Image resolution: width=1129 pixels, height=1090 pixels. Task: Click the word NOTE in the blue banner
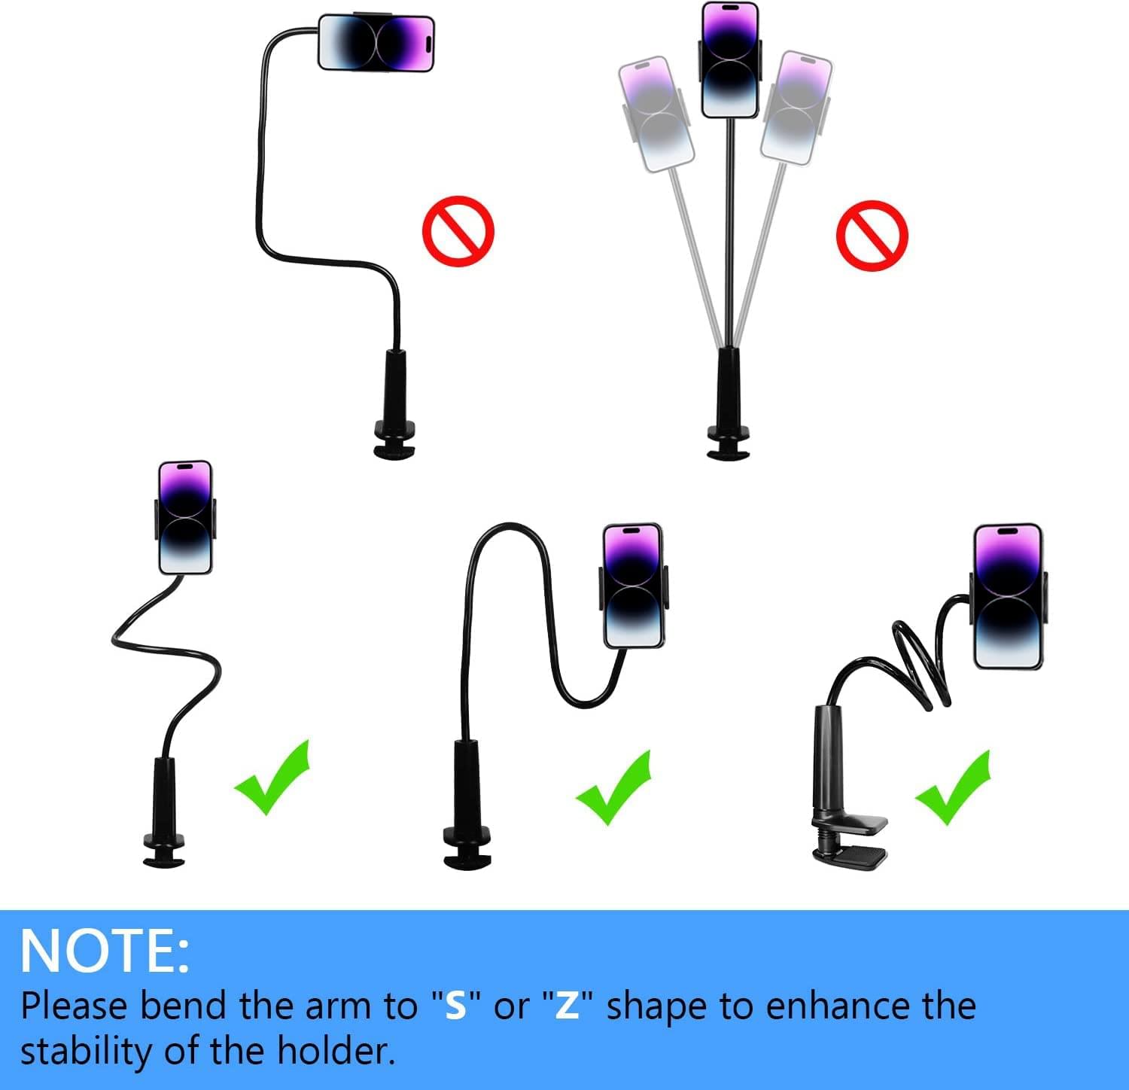click(x=95, y=951)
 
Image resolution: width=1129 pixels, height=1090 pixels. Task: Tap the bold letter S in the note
click(x=456, y=1006)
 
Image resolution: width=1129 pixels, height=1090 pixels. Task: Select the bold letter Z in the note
click(x=567, y=1006)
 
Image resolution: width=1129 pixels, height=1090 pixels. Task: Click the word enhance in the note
click(x=828, y=1006)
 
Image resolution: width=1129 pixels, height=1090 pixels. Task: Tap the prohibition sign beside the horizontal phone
click(x=458, y=231)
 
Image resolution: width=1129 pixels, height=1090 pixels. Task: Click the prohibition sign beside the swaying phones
click(x=872, y=235)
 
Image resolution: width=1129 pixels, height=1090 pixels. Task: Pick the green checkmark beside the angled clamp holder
click(x=953, y=787)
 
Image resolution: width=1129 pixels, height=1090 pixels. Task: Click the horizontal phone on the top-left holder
click(x=376, y=43)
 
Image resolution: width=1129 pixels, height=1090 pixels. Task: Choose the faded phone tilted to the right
click(x=796, y=108)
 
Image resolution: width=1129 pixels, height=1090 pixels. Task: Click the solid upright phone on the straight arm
click(x=730, y=60)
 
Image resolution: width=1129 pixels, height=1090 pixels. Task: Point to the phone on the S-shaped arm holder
click(x=185, y=518)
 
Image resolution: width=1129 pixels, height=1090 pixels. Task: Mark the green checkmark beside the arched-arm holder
click(x=613, y=787)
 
